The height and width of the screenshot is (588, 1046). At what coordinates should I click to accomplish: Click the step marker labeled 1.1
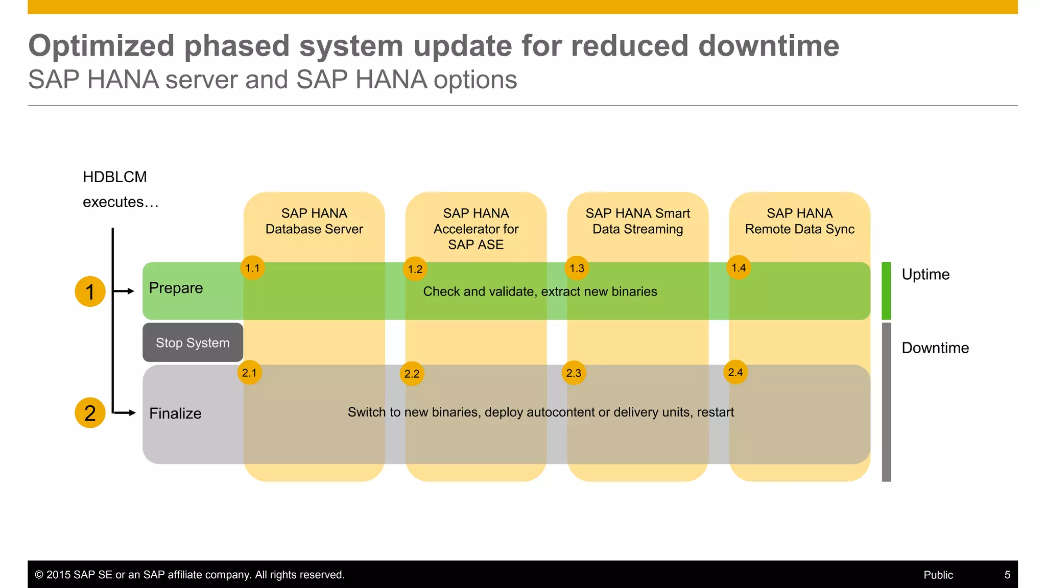click(x=252, y=268)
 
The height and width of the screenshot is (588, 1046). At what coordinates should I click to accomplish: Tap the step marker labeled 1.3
click(x=577, y=268)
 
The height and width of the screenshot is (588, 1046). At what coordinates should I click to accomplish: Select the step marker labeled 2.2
click(x=412, y=374)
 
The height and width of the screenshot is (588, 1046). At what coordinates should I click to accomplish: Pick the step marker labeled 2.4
click(x=735, y=373)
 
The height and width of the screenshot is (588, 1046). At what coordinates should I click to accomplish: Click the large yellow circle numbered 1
click(x=90, y=291)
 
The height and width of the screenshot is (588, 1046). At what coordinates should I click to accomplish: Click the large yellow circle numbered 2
click(x=90, y=413)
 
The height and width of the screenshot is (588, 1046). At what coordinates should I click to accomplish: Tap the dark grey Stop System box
click(x=193, y=342)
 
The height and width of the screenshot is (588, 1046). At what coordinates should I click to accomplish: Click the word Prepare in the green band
click(x=176, y=288)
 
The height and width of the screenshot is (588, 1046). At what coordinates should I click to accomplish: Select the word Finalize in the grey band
click(x=175, y=413)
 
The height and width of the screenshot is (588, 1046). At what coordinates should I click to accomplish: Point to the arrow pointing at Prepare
click(x=124, y=291)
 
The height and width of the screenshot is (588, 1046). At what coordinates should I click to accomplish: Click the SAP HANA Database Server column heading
click(x=314, y=221)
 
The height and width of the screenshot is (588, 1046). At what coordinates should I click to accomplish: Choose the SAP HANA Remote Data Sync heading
click(x=799, y=221)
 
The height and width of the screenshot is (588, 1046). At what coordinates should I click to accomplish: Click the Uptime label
click(x=925, y=275)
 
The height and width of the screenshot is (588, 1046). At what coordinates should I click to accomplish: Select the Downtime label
click(x=935, y=348)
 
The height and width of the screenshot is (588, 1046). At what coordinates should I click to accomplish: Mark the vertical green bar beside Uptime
click(x=886, y=291)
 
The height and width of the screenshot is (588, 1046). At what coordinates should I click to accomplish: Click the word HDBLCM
click(x=115, y=177)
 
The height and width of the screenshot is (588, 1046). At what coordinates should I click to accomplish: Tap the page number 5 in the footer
click(x=1007, y=575)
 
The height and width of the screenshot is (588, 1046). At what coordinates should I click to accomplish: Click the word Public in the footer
click(x=938, y=575)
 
